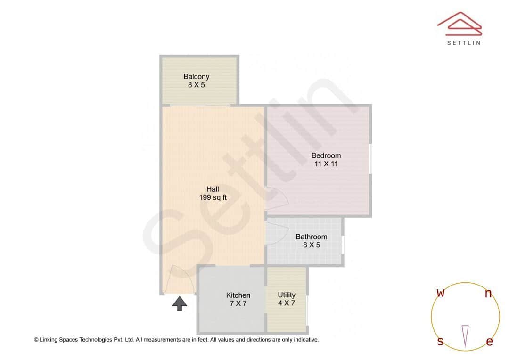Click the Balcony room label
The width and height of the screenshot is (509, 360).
196,76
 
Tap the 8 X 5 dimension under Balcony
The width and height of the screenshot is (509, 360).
196,85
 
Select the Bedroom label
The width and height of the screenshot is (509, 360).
326,155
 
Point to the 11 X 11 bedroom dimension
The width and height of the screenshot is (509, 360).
326,164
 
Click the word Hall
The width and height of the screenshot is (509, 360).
213,189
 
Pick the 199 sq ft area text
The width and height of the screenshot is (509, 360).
213,198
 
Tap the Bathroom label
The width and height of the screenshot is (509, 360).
311,237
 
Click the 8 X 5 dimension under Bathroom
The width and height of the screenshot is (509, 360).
311,245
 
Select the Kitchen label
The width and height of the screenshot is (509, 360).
238,295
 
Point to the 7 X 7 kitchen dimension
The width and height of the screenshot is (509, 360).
238,303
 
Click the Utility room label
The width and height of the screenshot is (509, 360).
287,295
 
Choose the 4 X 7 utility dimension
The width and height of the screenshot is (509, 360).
287,303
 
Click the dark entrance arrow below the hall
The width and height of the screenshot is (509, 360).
179,303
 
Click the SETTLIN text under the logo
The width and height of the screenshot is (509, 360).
464,43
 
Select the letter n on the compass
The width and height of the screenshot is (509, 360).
488,294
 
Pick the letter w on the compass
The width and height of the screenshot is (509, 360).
441,293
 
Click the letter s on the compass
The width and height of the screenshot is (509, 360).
440,342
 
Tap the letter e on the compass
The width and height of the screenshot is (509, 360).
489,342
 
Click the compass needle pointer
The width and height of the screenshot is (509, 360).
465,335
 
